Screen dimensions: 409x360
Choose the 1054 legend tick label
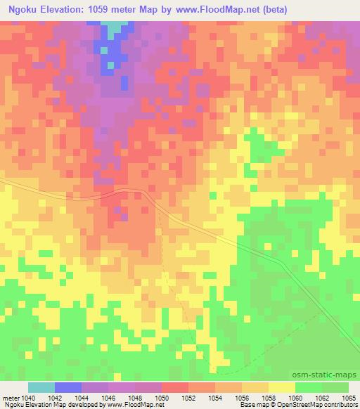point(214,398)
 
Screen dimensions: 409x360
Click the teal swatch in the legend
point(41,387)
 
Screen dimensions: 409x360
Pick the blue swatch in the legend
point(68,387)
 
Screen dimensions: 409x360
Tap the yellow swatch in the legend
point(282,387)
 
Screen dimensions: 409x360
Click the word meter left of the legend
point(11,398)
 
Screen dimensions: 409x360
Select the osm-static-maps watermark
point(330,374)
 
